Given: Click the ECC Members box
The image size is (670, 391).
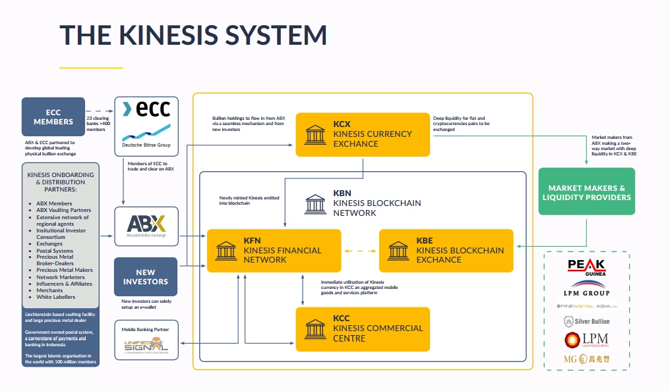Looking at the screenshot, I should (x=53, y=117).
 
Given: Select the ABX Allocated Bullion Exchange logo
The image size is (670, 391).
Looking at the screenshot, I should (x=146, y=226).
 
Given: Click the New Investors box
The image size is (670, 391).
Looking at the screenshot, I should (x=146, y=276).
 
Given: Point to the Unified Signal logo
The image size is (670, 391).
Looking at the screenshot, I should (x=146, y=344).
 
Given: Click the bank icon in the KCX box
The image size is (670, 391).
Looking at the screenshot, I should (x=315, y=134).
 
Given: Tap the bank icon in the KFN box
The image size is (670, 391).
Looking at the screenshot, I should (x=226, y=250).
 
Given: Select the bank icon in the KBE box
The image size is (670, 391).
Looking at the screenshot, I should (x=398, y=250).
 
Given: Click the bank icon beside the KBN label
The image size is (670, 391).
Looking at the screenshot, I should (x=315, y=203).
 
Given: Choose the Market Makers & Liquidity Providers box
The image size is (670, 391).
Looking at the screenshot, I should (x=587, y=192).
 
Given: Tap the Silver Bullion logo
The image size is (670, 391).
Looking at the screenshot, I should (x=586, y=321).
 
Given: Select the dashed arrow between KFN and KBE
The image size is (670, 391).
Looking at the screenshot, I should (x=360, y=251).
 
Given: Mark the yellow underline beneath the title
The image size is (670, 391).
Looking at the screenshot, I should (x=91, y=68).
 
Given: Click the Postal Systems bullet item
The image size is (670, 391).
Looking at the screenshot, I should (x=55, y=251).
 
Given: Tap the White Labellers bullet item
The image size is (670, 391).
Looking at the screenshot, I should (x=56, y=297).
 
